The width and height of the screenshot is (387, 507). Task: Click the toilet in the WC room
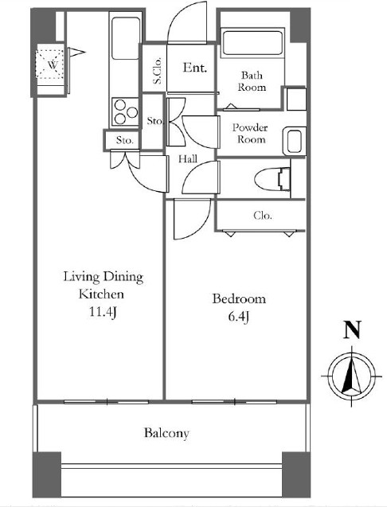[x=272, y=179]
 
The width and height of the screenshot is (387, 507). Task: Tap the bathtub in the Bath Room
[x=252, y=43]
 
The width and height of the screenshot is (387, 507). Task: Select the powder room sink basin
[x=294, y=141]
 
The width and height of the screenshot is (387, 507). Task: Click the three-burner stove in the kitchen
[x=126, y=111]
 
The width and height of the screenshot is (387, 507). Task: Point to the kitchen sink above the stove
[x=126, y=38]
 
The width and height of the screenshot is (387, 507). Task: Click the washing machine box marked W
[x=49, y=64]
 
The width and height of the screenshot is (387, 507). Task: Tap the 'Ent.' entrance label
[x=195, y=68]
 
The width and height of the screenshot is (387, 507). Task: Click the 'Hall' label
[x=188, y=158]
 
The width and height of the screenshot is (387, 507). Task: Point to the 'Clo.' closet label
[x=263, y=215]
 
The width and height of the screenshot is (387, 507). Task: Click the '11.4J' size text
[x=103, y=312]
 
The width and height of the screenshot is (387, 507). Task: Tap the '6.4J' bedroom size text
[x=239, y=316]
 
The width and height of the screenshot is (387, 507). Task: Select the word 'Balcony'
[x=166, y=433]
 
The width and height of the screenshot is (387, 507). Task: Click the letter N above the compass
[x=352, y=330]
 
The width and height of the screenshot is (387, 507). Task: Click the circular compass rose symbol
[x=352, y=376]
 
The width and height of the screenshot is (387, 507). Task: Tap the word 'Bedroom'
[x=239, y=298]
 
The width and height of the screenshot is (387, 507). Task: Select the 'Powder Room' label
[x=250, y=133]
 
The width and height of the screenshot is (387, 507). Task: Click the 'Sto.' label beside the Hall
[x=155, y=121]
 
